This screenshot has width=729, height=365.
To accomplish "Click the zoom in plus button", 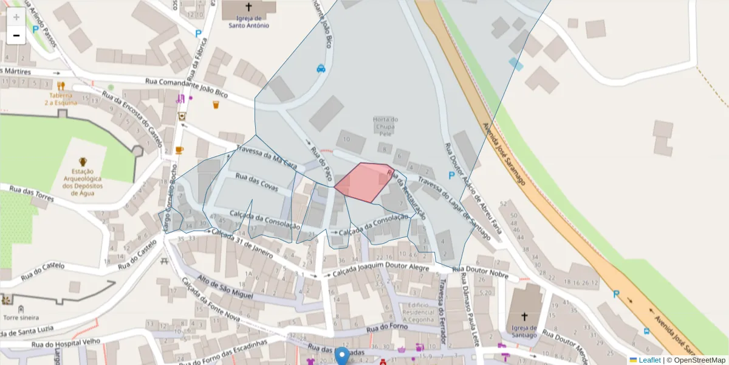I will tap(16, 17).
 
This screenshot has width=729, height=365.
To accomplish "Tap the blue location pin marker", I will tap(343, 356).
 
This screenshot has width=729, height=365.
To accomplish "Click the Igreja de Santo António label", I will tap(248, 22).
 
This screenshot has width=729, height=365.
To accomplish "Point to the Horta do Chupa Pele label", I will tap(385, 126).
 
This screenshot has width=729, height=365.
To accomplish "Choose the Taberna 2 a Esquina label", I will tap(61, 99).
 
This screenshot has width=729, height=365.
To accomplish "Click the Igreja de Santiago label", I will tap(524, 332).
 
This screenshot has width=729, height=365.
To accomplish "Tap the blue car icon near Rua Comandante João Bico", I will tap(321, 69).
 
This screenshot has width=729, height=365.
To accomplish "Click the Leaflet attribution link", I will tap(649, 360).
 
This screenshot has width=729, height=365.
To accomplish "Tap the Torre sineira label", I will tap(21, 318).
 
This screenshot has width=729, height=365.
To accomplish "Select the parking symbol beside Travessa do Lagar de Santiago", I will tap(451, 175).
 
